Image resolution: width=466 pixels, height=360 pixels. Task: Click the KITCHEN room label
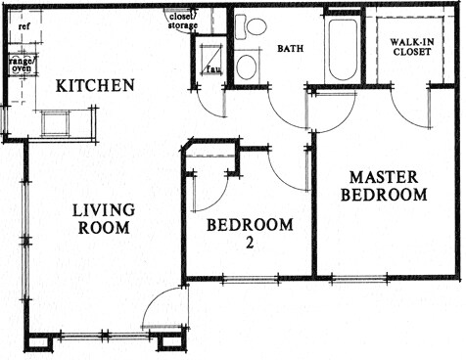(x=94, y=86)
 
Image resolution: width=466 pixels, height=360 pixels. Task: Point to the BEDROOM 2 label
(x=250, y=232)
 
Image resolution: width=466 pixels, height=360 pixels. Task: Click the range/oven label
(x=21, y=66)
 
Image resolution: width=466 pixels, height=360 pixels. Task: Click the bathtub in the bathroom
(x=343, y=49)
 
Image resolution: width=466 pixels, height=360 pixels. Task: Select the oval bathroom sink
(x=247, y=67)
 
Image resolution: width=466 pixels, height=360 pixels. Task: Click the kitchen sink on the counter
(x=56, y=122)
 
